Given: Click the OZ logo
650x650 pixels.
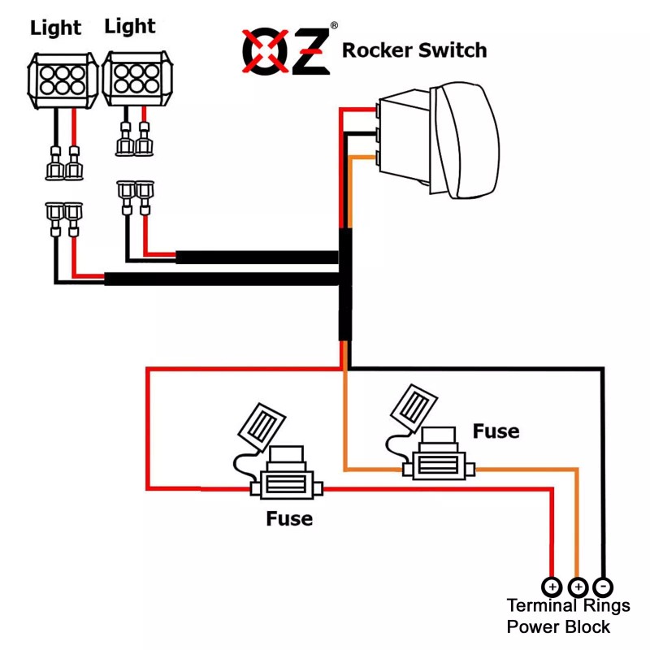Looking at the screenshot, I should tap(286, 50).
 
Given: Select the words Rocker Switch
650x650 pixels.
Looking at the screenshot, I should tap(414, 50).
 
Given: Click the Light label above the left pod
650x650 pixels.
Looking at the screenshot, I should tap(56, 28).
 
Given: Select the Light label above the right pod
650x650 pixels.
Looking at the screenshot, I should tap(130, 26).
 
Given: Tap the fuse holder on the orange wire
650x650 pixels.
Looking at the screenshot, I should tap(440, 464).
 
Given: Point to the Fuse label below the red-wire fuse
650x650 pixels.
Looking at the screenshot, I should tap(289, 518).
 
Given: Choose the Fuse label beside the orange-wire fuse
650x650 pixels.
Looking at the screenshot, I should tap(496, 431).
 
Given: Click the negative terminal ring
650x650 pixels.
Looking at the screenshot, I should tap(603, 586).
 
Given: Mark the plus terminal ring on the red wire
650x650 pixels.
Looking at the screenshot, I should tap(552, 586).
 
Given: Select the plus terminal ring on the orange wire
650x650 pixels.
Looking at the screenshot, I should tap(578, 586).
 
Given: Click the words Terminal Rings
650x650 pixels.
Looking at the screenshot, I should tap(568, 606).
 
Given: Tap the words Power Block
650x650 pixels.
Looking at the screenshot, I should tap(558, 627).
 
